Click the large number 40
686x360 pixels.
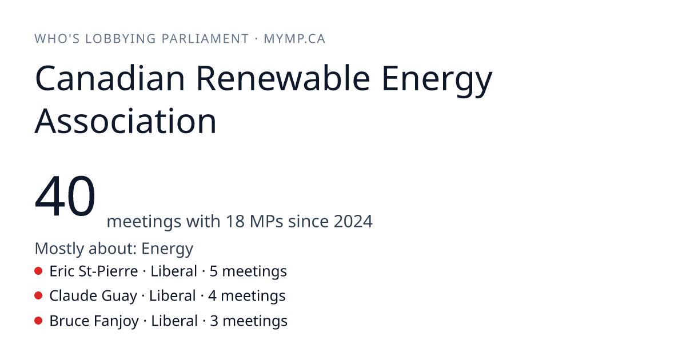click(65, 195)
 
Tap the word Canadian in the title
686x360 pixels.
click(110, 78)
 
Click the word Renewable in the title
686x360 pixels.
click(283, 78)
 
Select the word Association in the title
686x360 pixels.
click(126, 121)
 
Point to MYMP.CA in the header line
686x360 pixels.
click(294, 39)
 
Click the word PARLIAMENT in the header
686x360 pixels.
click(205, 39)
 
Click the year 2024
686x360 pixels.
click(353, 221)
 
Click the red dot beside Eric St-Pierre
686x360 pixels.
click(38, 271)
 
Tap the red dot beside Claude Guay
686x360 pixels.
click(38, 296)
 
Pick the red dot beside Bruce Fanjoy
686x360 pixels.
click(38, 321)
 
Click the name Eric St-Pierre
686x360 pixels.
click(94, 271)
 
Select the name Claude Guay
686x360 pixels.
click(93, 296)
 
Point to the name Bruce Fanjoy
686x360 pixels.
click(94, 321)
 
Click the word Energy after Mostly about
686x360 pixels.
click(167, 249)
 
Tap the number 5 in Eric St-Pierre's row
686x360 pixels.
click(213, 271)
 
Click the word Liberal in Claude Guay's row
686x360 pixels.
click(173, 296)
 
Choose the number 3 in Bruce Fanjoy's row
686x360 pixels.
click(214, 321)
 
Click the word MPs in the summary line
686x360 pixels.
click(266, 221)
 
